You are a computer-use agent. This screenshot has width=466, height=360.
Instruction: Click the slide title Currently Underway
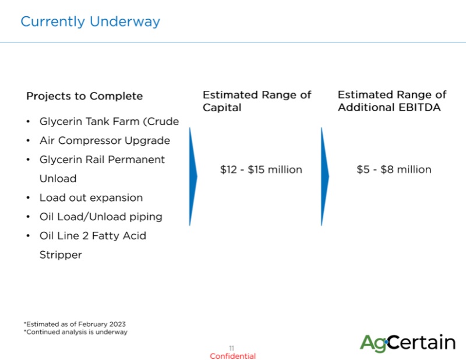pos(90,22)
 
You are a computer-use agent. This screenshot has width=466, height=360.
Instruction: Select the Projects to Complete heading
pos(84,96)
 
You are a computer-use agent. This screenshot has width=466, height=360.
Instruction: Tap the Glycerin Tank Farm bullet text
pos(110,122)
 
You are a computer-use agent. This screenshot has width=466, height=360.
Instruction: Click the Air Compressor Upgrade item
pos(105,140)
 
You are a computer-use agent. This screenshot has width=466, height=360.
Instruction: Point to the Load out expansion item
pos(91,197)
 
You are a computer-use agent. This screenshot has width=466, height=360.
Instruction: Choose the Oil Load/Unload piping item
pos(101,217)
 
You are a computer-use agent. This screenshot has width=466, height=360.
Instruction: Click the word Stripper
pos(61,255)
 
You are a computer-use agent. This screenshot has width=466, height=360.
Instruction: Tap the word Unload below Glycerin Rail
pos(58,179)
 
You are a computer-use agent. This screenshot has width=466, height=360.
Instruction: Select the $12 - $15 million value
pos(261,170)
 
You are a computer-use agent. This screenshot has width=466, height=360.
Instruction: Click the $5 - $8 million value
pos(394,170)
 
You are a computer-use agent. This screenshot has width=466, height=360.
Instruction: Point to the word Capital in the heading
pos(222,107)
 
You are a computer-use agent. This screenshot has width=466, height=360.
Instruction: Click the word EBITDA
pos(419,107)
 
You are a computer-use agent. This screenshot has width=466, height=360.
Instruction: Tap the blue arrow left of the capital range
pos(193,177)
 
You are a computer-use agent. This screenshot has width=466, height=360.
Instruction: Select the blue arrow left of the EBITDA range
pos(325,177)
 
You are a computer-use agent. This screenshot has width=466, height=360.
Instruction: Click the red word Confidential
pos(232,356)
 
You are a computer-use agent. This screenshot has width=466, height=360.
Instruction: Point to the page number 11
pos(232,348)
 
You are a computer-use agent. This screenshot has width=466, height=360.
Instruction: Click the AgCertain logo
pos(407,343)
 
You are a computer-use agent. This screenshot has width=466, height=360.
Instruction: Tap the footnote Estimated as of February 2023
pos(75,324)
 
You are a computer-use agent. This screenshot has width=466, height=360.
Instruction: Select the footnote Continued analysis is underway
pos(76,332)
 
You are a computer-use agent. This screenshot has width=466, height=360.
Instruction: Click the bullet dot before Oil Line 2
pos(28,236)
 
